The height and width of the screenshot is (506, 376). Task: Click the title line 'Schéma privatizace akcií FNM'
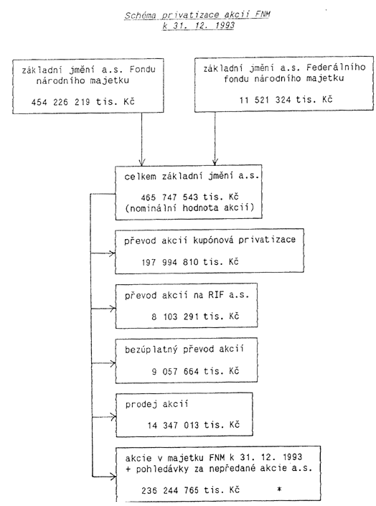tap(197, 15)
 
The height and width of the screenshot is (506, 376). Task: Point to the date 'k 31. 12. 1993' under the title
tap(199, 26)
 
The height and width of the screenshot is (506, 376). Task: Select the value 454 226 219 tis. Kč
tap(83, 102)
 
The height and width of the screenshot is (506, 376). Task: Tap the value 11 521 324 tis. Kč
tap(286, 100)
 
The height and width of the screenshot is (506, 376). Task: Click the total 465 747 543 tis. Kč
tap(189, 197)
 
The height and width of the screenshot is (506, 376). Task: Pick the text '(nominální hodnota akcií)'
tap(189, 207)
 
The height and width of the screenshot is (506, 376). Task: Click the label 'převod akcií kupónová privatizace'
tap(210, 240)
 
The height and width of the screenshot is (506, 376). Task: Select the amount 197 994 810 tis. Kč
tap(190, 262)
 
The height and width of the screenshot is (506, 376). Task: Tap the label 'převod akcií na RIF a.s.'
tap(187, 295)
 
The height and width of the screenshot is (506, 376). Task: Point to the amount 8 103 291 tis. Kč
tap(195, 317)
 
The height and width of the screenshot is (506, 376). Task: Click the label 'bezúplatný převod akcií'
tap(184, 350)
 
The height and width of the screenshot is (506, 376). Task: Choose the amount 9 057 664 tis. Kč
tap(195, 371)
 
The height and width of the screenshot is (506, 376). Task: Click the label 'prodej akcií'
tap(157, 404)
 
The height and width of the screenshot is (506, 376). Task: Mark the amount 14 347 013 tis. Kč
tap(193, 426)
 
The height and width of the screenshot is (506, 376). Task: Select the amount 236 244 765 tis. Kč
tap(190, 490)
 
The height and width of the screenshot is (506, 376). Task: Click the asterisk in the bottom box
tap(279, 489)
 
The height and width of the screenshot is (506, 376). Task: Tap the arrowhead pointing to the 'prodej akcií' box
tap(113, 416)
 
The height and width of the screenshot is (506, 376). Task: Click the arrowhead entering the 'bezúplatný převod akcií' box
tap(113, 363)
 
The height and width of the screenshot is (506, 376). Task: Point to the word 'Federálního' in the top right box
tap(336, 67)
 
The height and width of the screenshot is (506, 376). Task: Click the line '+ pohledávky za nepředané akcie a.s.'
tap(219, 469)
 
